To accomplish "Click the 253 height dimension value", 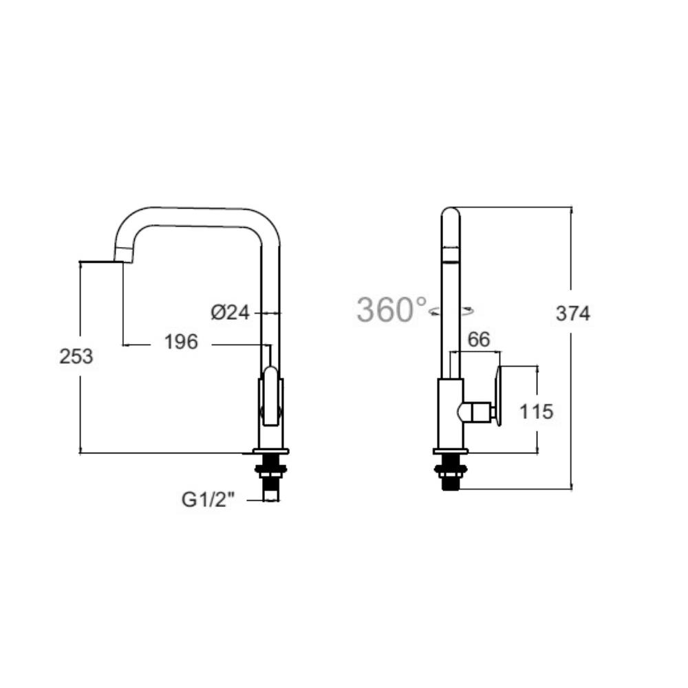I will (x=76, y=356).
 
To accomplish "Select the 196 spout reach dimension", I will (x=182, y=341).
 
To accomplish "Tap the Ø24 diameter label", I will (x=230, y=312).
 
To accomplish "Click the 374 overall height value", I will (x=573, y=314).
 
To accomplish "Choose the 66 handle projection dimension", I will (x=478, y=339).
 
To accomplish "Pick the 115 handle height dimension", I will (x=537, y=411).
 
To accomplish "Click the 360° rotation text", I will (x=391, y=310).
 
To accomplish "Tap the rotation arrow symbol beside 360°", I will (x=451, y=312).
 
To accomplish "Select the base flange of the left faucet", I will (x=271, y=452).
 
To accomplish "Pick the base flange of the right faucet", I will (x=451, y=452).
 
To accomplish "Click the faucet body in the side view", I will (x=450, y=413).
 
